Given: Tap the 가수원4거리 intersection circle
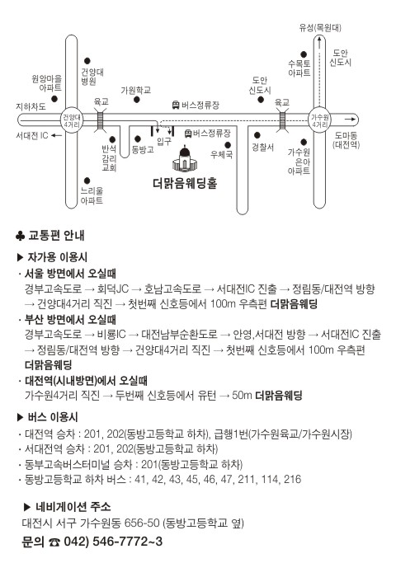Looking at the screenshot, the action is (320, 120).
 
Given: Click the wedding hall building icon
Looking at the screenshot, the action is (185, 158).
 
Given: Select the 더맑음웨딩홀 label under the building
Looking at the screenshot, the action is (185, 184).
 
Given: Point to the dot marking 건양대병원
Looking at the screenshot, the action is (87, 61).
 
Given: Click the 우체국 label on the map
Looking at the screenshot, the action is (221, 155).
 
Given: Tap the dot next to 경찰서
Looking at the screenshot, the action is (257, 135).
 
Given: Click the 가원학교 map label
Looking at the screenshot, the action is (135, 90).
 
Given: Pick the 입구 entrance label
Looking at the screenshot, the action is (164, 141).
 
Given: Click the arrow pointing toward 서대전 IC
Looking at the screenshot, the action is (56, 136).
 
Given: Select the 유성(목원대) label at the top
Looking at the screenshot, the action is (320, 28).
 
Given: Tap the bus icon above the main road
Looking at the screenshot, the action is (176, 105).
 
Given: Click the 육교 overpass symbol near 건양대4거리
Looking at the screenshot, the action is (101, 120).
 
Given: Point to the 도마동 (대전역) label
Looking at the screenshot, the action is (346, 140).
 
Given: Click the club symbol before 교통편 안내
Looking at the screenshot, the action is (20, 236).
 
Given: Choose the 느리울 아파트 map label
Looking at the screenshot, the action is (92, 195).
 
